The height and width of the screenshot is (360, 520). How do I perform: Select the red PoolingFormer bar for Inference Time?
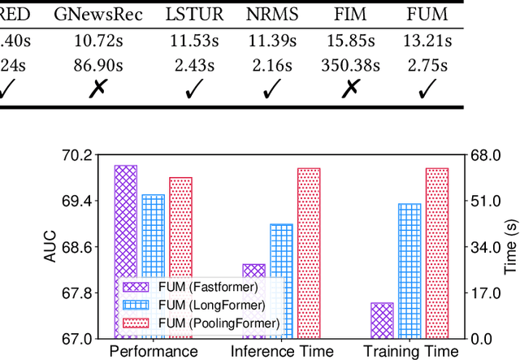coord(309,253)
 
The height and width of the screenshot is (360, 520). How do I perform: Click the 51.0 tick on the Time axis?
coord(486,201)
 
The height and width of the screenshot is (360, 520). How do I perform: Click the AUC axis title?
coord(50,246)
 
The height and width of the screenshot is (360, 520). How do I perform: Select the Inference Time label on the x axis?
coord(282,351)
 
